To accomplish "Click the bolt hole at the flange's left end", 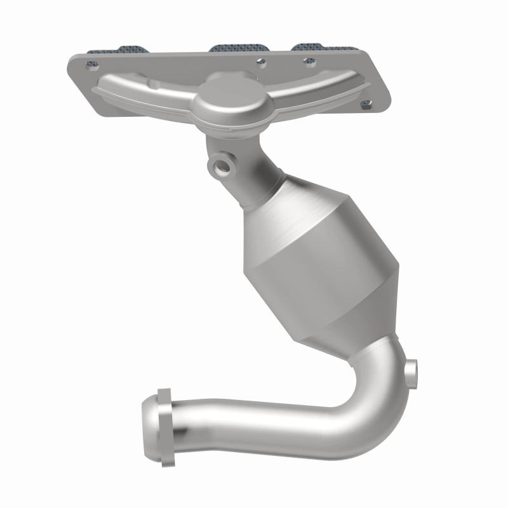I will tap(91, 64).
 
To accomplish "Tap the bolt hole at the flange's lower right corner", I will tap(365, 104).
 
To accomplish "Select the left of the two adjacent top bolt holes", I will tap(260, 62).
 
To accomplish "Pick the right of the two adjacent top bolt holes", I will tap(309, 61).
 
